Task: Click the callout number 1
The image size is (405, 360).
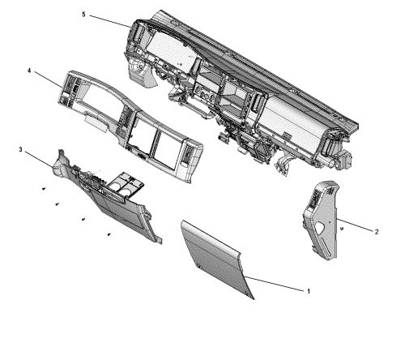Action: tap(307, 290)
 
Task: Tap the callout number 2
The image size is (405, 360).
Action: tap(376, 231)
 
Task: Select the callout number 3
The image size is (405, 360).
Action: tap(20, 150)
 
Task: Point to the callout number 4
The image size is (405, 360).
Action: tap(30, 71)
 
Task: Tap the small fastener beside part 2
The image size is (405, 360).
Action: tap(343, 229)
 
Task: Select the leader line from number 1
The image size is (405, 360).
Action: tap(275, 284)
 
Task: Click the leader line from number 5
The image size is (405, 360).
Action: tap(109, 20)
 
